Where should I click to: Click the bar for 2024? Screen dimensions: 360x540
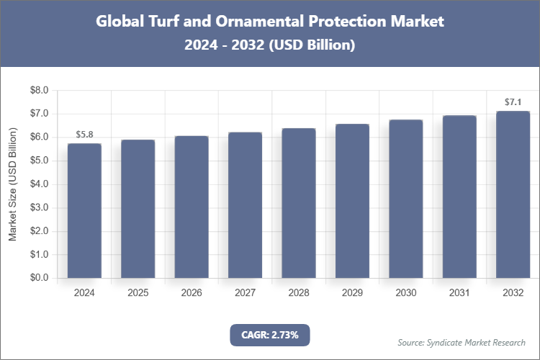coord(84,210)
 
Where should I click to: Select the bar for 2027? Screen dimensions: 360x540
coord(245,205)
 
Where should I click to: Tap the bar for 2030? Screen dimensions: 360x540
coord(405,199)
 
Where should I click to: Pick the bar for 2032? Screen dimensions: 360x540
coord(513,194)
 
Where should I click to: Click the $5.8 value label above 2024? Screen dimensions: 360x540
coord(84,135)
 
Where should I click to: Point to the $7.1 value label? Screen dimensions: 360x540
coord(513,102)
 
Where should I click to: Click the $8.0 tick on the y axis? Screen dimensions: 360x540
coord(38,91)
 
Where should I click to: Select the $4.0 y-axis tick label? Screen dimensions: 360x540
coord(38,184)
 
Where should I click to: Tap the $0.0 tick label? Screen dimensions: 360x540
coord(38,278)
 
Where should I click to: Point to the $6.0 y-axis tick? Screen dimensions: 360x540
coord(38,138)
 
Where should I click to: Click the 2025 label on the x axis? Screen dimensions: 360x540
coord(138,293)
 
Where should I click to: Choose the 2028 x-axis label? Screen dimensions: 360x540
coord(299,293)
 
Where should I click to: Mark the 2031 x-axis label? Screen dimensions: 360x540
coord(459,293)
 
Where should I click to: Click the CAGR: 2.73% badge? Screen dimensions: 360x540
coord(270,335)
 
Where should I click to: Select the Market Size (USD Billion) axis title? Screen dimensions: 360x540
coord(12,184)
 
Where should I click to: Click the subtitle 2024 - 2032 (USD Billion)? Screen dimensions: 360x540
coord(270,45)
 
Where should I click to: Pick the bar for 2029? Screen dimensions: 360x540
coord(352,201)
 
